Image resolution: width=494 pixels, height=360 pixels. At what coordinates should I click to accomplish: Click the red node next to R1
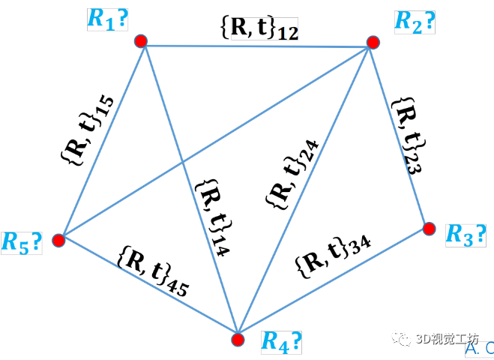139,40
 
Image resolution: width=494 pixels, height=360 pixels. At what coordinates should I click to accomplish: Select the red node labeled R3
429,227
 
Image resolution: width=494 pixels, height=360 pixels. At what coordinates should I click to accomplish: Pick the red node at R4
238,340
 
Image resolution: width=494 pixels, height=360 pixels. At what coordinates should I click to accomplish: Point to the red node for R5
58,240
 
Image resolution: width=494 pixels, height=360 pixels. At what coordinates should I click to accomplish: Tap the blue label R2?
415,22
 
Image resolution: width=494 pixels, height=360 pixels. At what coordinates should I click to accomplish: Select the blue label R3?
465,235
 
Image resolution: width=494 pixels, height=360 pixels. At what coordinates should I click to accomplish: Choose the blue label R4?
281,341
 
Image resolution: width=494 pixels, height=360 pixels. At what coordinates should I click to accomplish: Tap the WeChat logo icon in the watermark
405,339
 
